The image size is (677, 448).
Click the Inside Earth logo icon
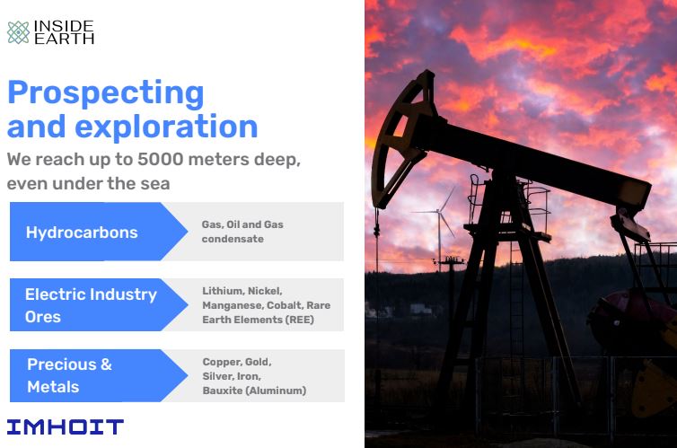click(18, 32)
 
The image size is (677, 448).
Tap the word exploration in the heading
click(166, 127)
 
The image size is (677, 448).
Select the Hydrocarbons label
click(82, 233)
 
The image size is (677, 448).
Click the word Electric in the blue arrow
click(56, 294)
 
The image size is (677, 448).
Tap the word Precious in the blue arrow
click(62, 365)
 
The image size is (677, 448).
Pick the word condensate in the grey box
click(233, 239)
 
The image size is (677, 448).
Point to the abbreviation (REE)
click(299, 320)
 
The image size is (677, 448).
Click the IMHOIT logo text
click(66, 426)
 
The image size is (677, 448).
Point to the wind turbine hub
click(439, 211)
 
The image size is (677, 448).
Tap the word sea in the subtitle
click(157, 184)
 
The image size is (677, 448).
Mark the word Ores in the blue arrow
click(43, 317)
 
